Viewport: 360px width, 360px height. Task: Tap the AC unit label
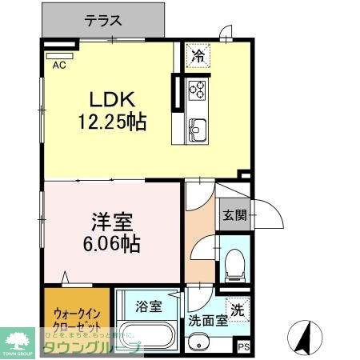click(x=59, y=66)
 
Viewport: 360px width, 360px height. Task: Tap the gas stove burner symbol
click(x=198, y=89)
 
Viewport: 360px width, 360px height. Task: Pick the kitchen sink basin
click(x=198, y=127)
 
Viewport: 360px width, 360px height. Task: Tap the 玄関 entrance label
click(x=234, y=214)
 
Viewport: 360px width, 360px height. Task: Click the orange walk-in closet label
click(x=77, y=320)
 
